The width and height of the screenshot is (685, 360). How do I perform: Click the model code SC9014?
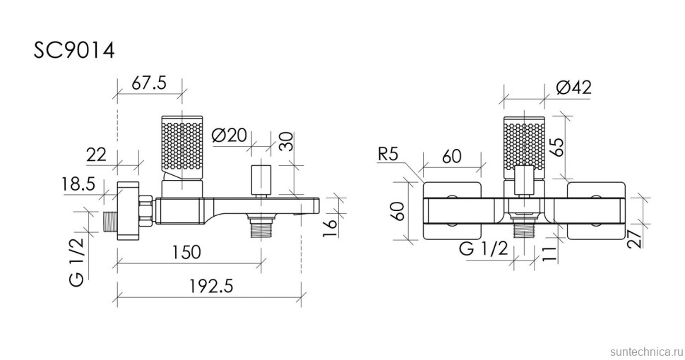tap(74, 50)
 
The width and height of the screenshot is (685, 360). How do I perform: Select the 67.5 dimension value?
tap(149, 83)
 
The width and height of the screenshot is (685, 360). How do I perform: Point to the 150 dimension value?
tap(184, 252)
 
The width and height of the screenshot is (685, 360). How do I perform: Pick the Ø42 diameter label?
tap(573, 88)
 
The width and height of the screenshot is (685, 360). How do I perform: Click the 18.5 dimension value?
tap(79, 185)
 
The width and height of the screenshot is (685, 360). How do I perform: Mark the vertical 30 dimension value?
tap(285, 141)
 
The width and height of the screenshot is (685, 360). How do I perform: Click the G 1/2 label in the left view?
tap(77, 261)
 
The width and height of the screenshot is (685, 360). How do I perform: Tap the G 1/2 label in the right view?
tap(482, 248)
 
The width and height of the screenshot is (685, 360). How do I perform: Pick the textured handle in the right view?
tap(524, 143)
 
